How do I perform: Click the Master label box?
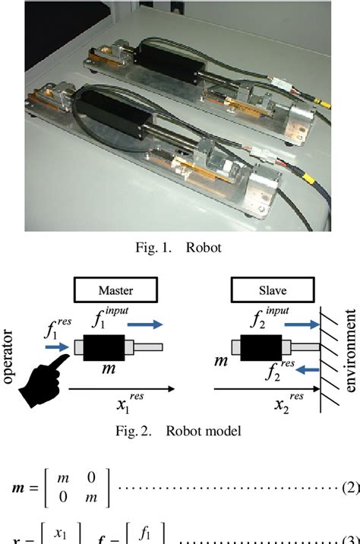coord(115,290)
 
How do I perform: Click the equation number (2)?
coord(350,487)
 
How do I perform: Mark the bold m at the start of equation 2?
coord(15,487)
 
